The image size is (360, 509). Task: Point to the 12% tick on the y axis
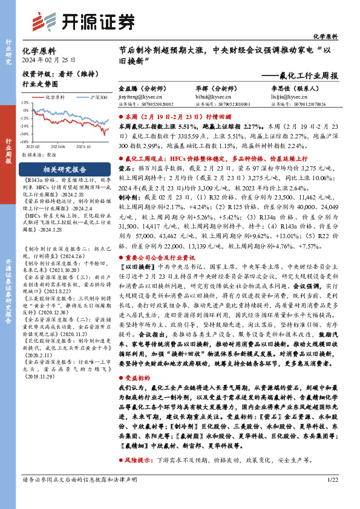[25, 102]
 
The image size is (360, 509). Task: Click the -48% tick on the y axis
[25, 143]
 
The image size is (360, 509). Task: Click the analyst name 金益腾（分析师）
[143, 88]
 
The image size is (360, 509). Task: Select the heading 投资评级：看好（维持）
[53, 74]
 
